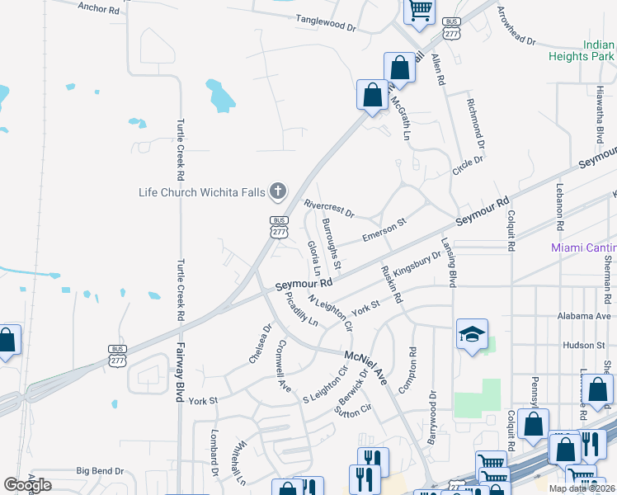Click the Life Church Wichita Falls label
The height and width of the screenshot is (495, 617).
click(201, 193)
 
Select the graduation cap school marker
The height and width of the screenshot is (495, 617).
click(472, 335)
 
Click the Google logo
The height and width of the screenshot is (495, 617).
click(27, 485)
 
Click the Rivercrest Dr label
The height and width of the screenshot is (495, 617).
click(328, 209)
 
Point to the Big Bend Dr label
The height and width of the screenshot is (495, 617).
click(100, 471)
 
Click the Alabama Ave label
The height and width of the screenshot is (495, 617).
click(586, 316)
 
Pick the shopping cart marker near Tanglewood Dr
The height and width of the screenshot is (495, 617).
click(420, 12)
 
